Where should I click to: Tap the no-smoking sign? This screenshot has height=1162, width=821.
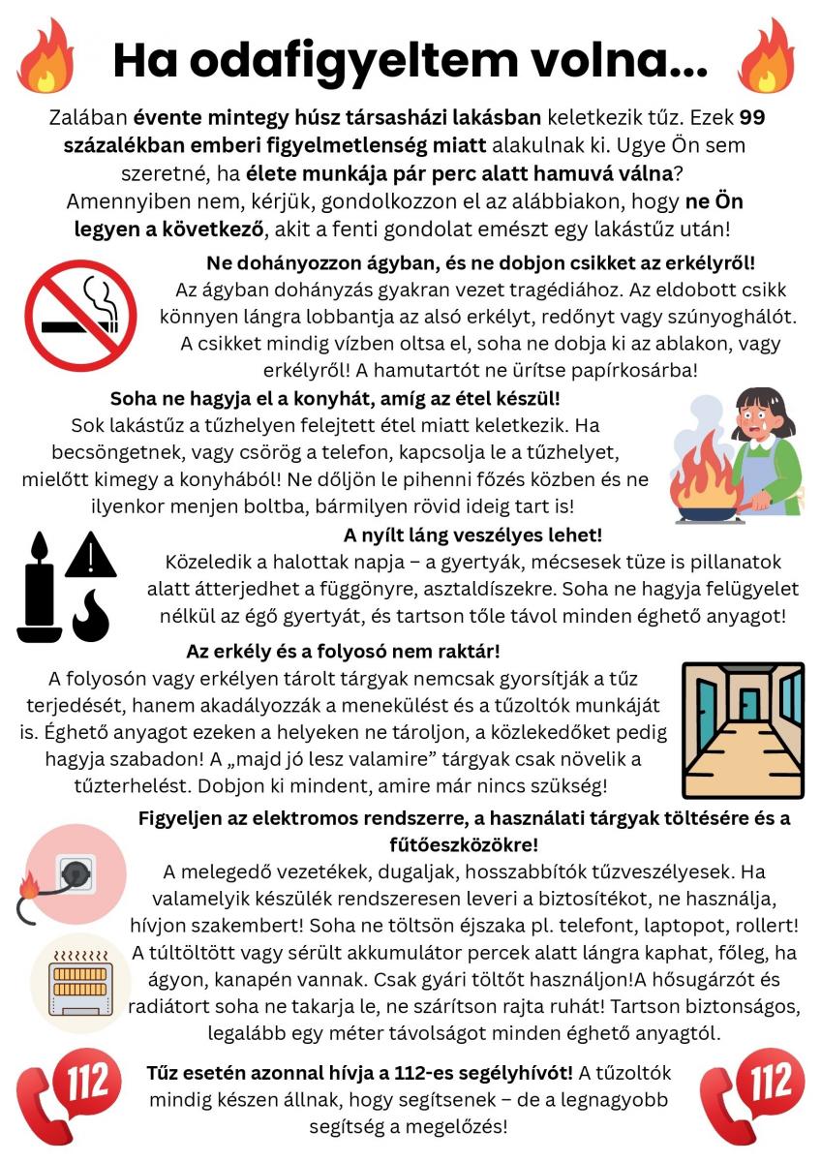click(x=80, y=315)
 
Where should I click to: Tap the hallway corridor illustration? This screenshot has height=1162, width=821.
click(x=743, y=729)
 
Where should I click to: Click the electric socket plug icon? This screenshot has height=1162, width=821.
click(x=75, y=873)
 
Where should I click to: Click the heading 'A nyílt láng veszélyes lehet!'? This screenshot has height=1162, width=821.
click(x=472, y=535)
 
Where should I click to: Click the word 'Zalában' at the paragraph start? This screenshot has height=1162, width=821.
click(x=87, y=119)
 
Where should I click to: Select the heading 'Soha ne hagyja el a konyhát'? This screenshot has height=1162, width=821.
click(x=335, y=398)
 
